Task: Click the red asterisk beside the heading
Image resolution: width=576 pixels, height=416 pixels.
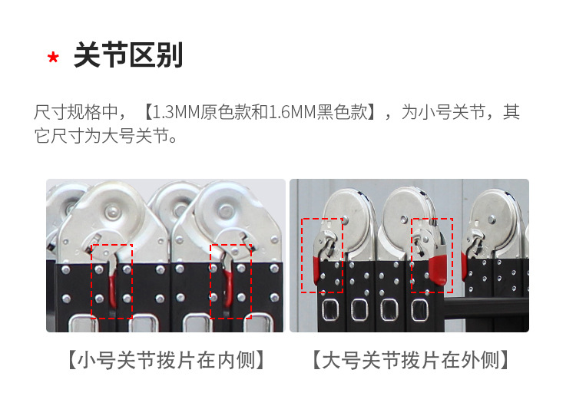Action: coord(53,59)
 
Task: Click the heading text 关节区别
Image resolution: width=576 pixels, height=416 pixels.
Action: coord(127,56)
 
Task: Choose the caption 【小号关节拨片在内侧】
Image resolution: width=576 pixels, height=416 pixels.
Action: coord(165,360)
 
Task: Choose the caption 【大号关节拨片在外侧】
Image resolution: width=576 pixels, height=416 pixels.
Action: coord(411,360)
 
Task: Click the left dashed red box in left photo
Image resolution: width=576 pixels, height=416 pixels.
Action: coord(112,281)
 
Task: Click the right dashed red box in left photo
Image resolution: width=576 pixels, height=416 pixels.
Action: coord(230,281)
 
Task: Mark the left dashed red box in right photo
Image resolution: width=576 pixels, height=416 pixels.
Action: coord(322,255)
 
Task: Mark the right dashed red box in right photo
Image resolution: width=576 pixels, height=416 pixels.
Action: coord(432,255)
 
